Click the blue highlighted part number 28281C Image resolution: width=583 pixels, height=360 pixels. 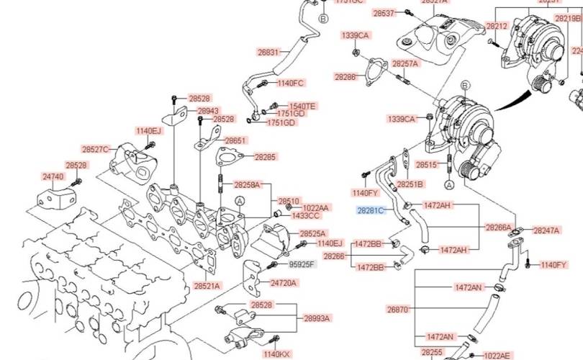(x=371, y=210)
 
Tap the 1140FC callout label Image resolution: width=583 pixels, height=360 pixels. (x=291, y=84)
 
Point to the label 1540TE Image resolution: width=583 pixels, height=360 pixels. (x=302, y=107)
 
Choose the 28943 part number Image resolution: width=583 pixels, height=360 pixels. (x=208, y=111)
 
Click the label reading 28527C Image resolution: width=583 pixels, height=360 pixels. (x=95, y=150)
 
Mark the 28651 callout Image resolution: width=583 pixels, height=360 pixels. (x=235, y=141)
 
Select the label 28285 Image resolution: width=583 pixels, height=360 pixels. (x=265, y=157)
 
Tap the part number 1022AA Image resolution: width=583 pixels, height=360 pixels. (x=315, y=208)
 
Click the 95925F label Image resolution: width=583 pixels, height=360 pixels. (x=302, y=264)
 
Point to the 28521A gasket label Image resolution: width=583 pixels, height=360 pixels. (x=207, y=286)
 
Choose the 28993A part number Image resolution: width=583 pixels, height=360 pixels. (x=317, y=318)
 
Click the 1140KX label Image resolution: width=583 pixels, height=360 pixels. (x=276, y=354)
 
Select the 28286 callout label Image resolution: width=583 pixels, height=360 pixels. (x=345, y=76)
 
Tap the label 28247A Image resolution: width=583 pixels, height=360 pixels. (x=547, y=230)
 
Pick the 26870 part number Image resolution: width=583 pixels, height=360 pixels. (x=397, y=310)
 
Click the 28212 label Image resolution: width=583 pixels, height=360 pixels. (x=497, y=26)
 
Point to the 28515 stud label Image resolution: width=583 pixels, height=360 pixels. (x=427, y=165)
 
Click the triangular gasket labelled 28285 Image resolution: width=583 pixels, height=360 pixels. (x=227, y=158)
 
